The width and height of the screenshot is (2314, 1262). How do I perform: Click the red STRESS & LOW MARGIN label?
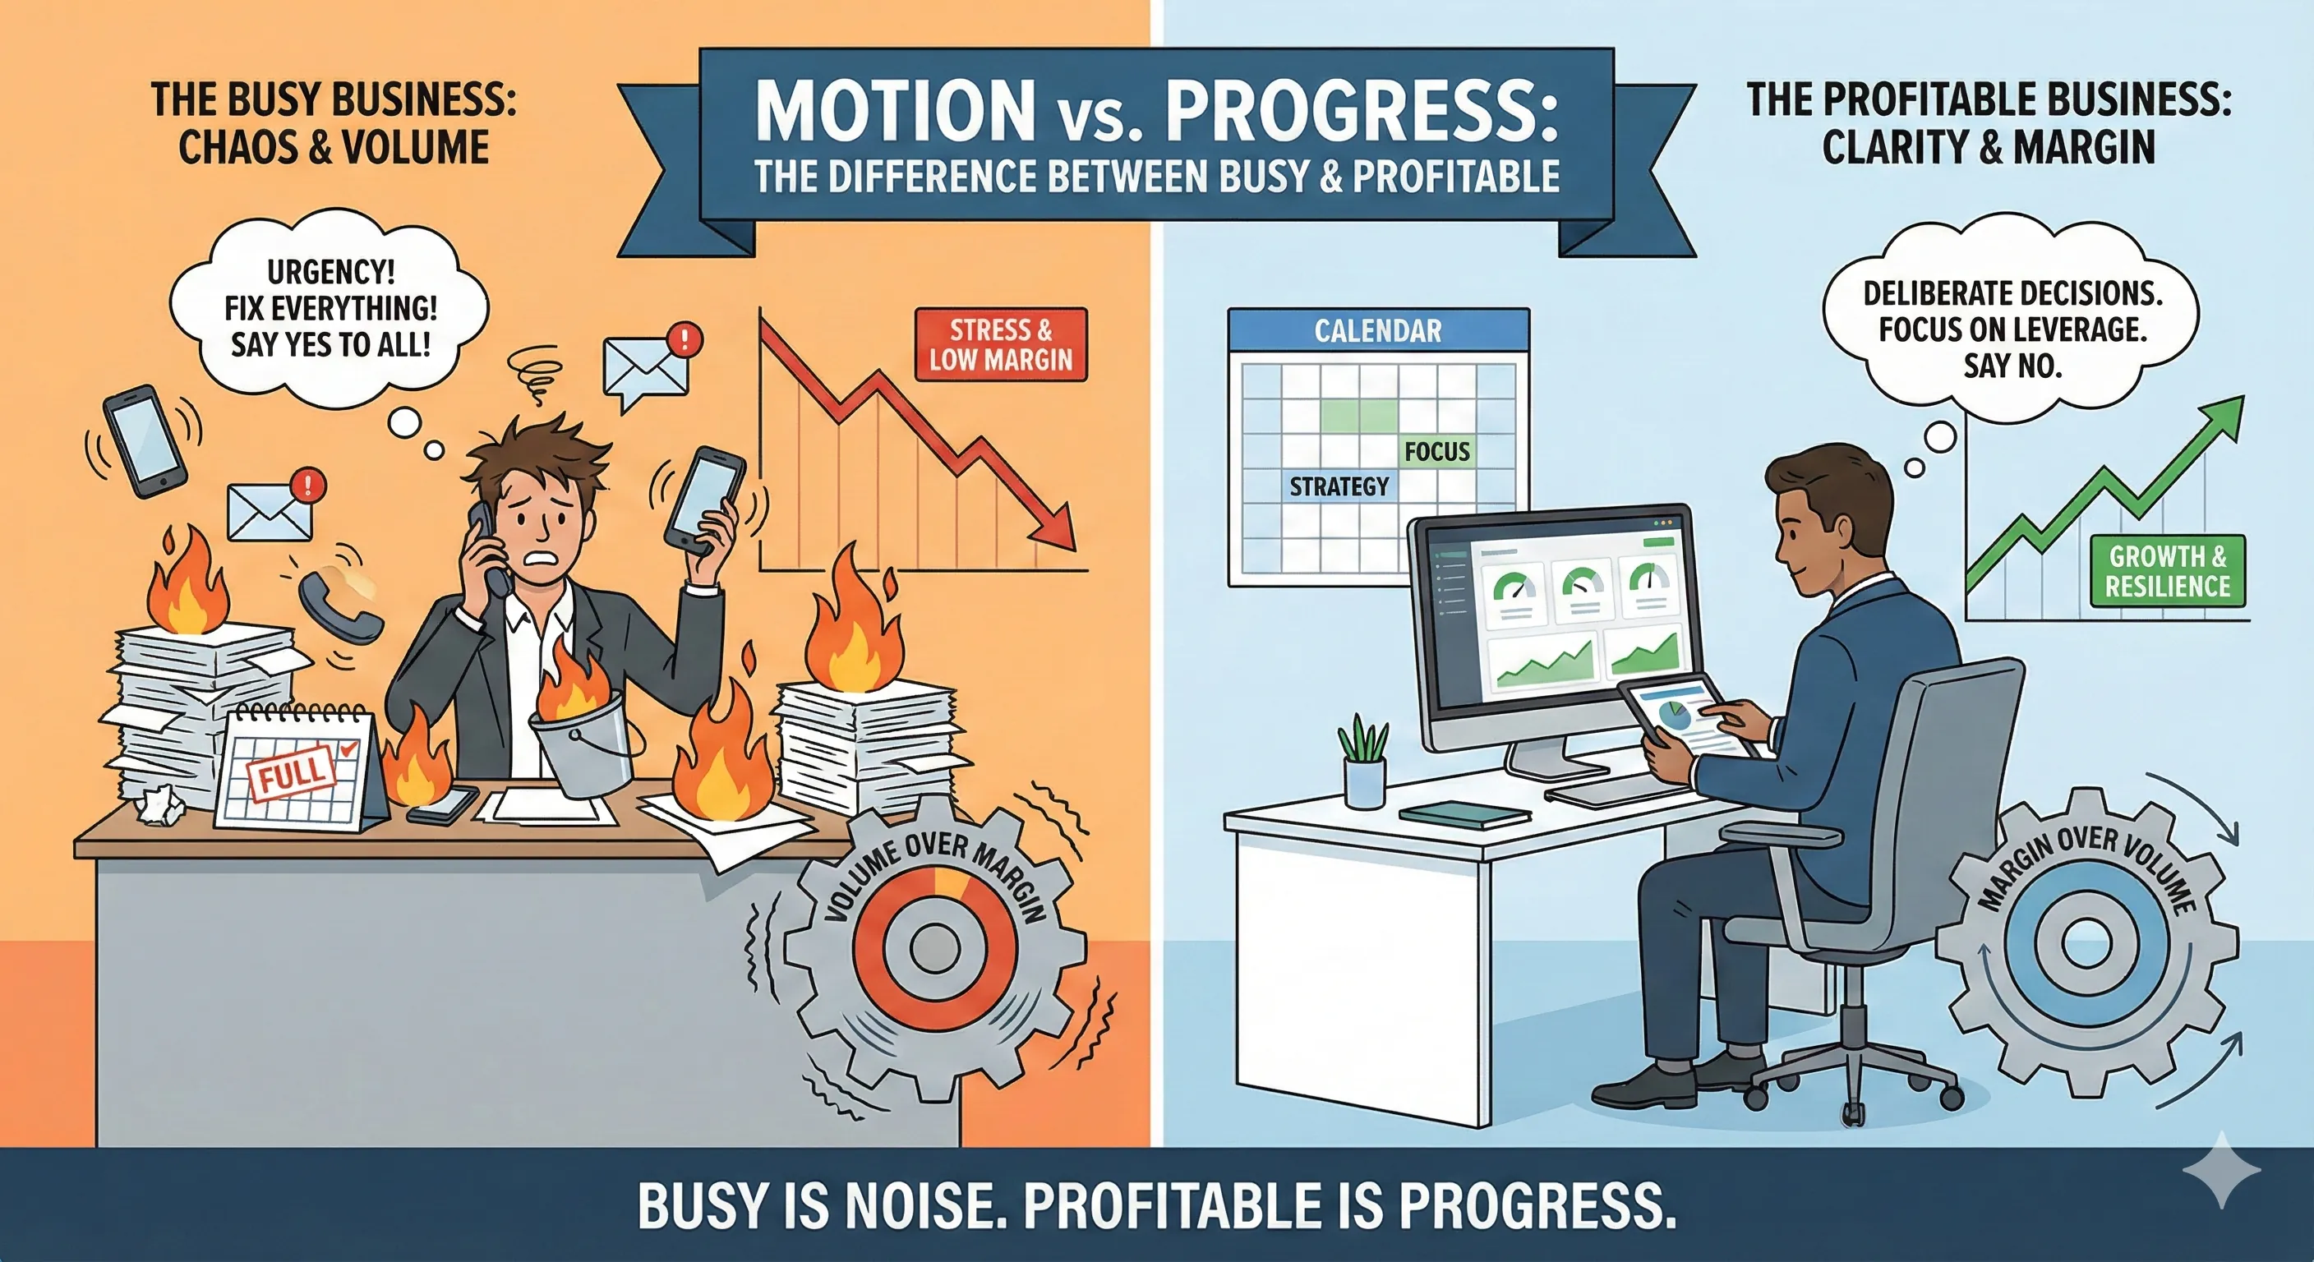coord(1001,345)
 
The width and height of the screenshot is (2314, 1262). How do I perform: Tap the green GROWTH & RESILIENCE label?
coord(2167,571)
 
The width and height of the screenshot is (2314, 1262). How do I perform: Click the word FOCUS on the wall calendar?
coord(1436,452)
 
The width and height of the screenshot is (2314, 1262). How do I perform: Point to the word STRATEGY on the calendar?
coord(1339,487)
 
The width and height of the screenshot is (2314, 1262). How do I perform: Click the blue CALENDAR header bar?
coord(1377,330)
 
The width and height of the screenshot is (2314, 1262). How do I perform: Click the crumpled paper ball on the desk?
coord(161,803)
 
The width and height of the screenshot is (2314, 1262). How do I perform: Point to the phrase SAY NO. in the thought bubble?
coord(2012,366)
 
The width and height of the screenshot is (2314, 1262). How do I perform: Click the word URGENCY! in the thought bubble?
coord(330,271)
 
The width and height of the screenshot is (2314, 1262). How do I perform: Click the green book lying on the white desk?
coord(1464,813)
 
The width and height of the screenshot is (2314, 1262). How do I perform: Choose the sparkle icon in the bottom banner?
coord(2220,1169)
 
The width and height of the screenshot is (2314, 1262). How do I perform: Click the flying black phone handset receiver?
coord(339,606)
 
